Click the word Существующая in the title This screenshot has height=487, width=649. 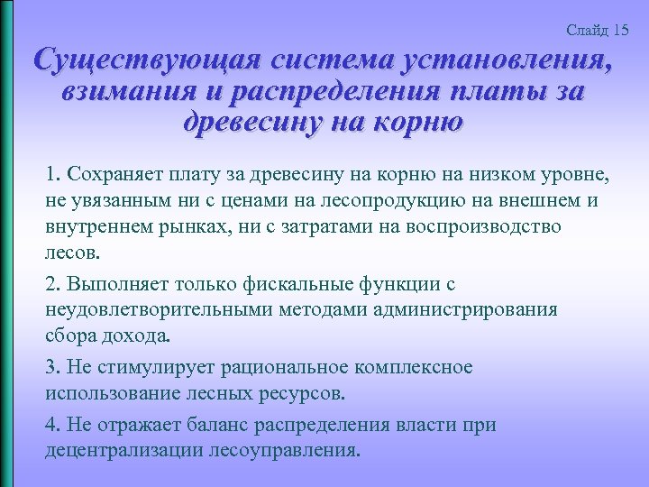point(141,60)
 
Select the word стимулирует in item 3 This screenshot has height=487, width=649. point(148,368)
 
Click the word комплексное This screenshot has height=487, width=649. point(410,368)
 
